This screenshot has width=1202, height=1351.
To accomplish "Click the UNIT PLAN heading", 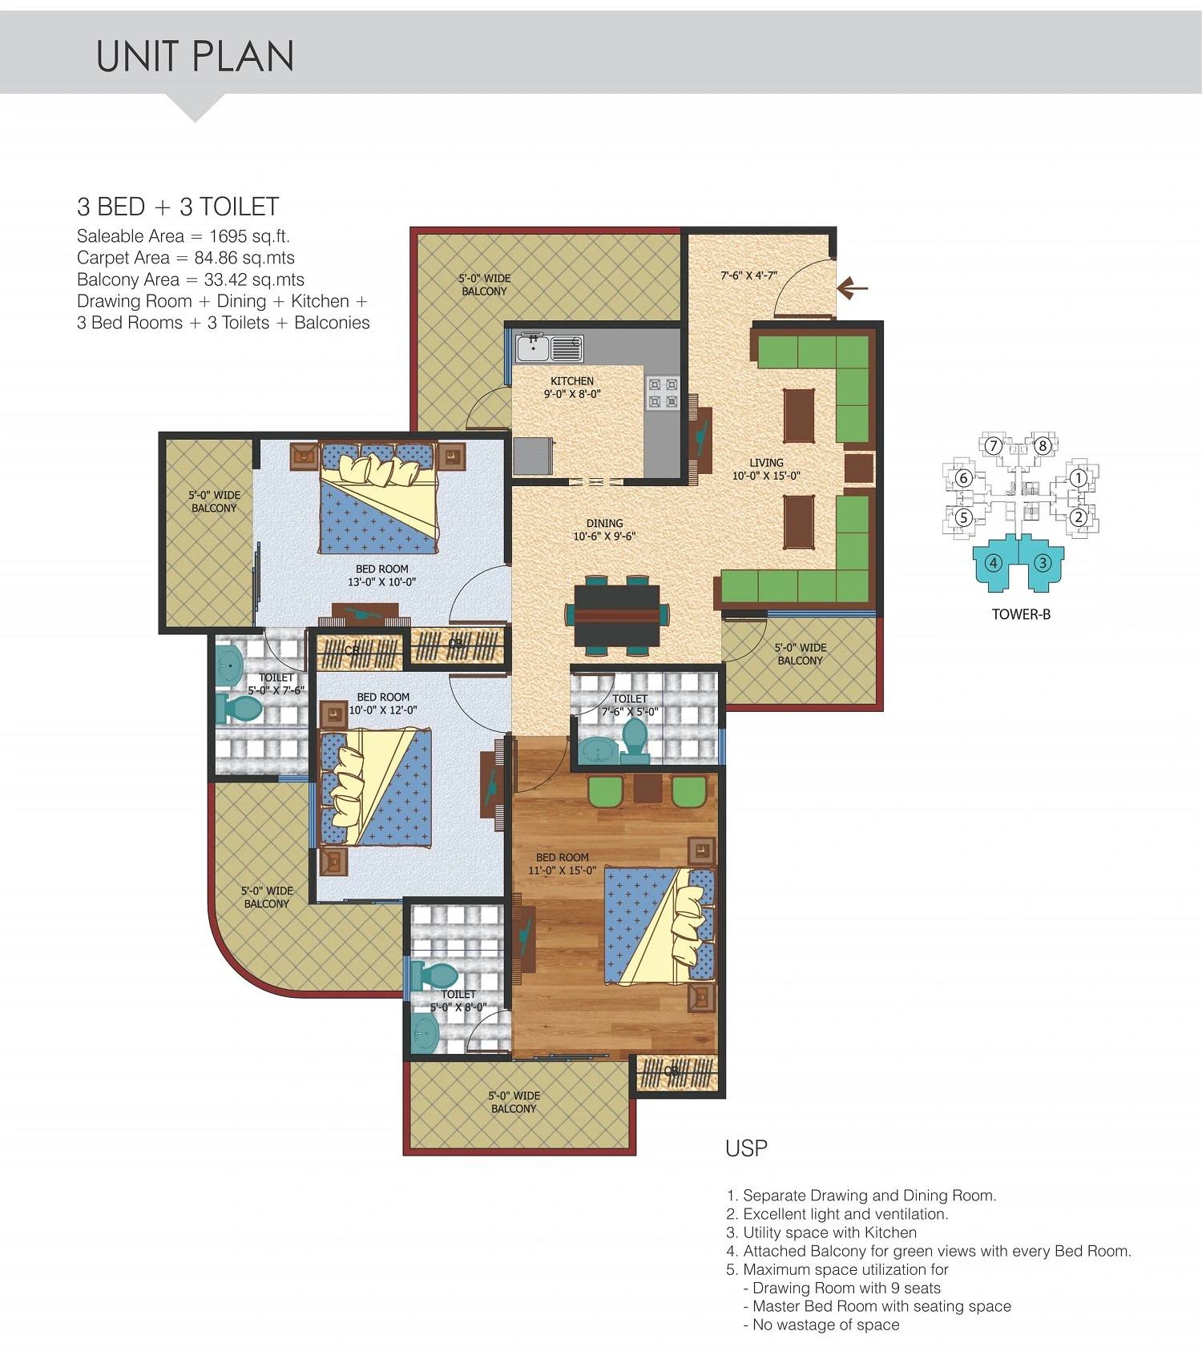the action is [x=195, y=57].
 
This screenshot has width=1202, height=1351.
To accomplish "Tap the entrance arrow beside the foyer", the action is [x=852, y=287].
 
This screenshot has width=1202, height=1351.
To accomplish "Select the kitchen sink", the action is [x=550, y=348].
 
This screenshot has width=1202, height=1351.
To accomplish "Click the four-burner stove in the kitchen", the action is [x=663, y=393].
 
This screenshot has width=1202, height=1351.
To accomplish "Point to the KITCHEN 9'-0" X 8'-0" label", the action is [x=572, y=388].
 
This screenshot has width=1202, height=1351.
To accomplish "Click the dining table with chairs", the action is [x=617, y=615].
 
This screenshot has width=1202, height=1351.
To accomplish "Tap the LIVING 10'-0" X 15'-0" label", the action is [x=766, y=469].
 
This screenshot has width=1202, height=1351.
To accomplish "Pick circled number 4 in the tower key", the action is [x=994, y=563].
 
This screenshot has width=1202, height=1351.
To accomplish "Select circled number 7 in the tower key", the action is [x=994, y=446].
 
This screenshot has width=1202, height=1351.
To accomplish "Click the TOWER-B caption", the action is [x=1021, y=614].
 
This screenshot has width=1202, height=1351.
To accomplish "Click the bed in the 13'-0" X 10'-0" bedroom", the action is [x=378, y=498].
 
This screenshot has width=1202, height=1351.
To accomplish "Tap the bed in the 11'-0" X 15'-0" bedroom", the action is [x=659, y=927].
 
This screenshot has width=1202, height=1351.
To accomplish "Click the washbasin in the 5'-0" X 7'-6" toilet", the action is [x=229, y=664].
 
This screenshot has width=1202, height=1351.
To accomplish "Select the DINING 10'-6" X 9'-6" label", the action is [x=604, y=529].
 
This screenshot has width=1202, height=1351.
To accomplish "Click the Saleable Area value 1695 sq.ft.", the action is [x=249, y=236].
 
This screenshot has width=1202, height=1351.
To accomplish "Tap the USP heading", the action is [x=746, y=1148].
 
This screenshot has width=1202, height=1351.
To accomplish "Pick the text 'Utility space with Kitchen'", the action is [x=829, y=1232].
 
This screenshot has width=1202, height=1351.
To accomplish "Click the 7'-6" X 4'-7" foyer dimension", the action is [x=748, y=275].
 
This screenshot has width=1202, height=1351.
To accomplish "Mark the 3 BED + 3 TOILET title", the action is [x=178, y=207].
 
